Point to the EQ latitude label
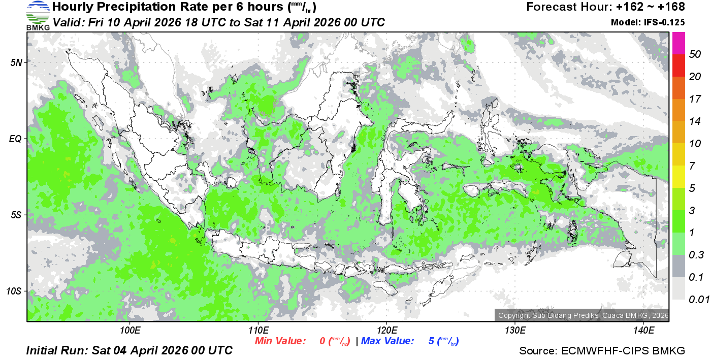pyautogui.click(x=16, y=139)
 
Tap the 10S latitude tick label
pyautogui.click(x=14, y=291)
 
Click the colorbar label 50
pyautogui.click(x=695, y=54)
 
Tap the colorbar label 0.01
pyautogui.click(x=699, y=300)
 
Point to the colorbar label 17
pyautogui.click(x=695, y=99)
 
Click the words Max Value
pyautogui.click(x=387, y=341)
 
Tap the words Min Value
pyautogui.click(x=280, y=341)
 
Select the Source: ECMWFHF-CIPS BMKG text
pyautogui.click(x=602, y=351)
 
